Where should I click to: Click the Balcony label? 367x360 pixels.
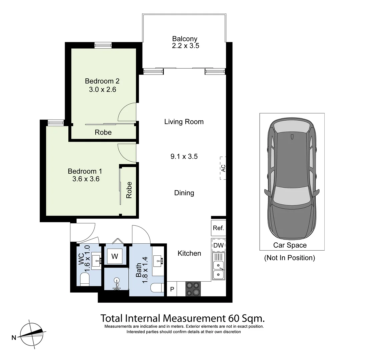pos(185,39)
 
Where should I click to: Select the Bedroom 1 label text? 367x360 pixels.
pos(85,171)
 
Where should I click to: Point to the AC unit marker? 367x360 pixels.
pos(223,168)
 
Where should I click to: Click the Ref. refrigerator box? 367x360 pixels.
pos(218,228)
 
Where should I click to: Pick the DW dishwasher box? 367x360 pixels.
pos(218,246)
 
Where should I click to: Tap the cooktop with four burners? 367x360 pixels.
pos(193,289)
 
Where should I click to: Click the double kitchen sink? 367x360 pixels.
pos(219,270)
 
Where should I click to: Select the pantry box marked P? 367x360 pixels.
pos(172,289)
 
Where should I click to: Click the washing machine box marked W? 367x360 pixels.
pos(115,256)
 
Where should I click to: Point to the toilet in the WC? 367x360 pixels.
pos(85,279)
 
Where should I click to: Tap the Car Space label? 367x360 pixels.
pos(290,245)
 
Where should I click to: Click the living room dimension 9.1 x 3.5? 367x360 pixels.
pos(184,156)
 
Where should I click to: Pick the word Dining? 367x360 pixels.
pos(184,193)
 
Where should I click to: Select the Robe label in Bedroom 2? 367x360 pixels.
pos(103,132)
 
